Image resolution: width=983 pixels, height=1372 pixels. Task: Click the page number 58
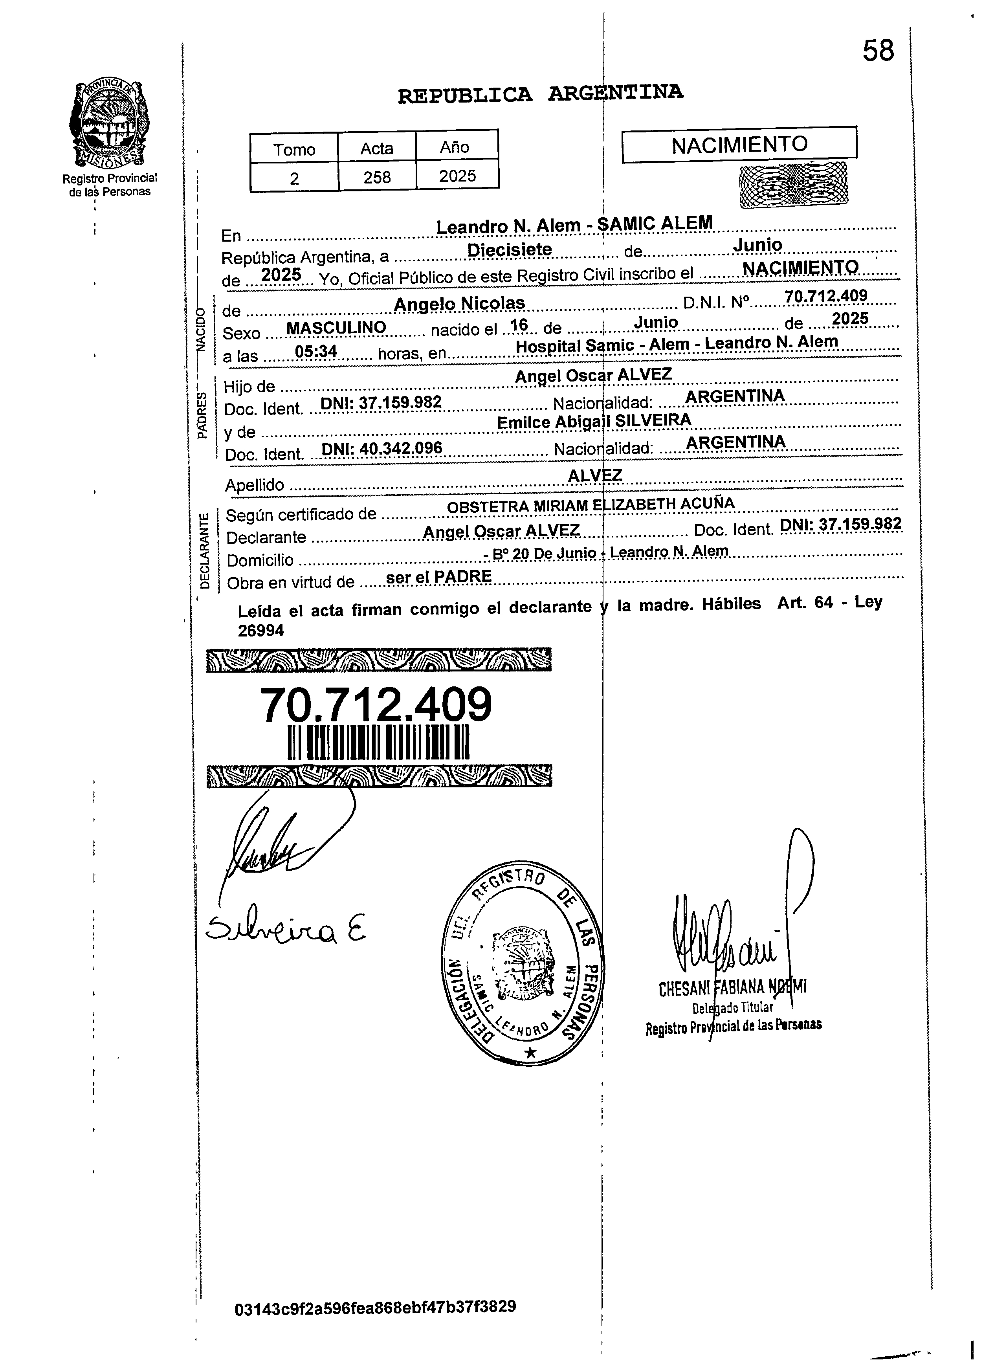coord(877,51)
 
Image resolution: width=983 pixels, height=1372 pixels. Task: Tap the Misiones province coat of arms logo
coord(110,124)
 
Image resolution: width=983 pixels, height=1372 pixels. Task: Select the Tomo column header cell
coord(294,149)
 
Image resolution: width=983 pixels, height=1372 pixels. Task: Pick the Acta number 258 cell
coord(377,177)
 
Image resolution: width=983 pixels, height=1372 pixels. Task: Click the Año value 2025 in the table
coord(457,176)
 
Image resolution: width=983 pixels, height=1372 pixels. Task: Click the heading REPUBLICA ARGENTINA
coord(540,94)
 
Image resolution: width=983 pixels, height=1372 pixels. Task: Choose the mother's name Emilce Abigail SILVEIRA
coord(593,421)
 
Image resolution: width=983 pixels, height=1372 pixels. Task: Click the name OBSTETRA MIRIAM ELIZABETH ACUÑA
coord(591,504)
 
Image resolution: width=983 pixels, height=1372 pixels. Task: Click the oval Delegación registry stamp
coord(522,966)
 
